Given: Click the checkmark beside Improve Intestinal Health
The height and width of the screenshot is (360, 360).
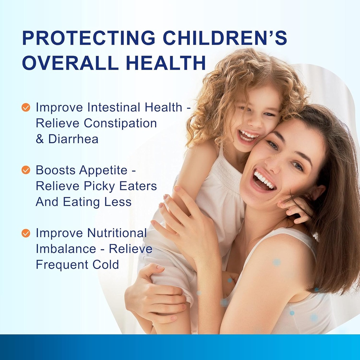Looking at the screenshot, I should pyautogui.click(x=26, y=107).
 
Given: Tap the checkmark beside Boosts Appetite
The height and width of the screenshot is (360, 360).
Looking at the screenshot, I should pyautogui.click(x=26, y=170).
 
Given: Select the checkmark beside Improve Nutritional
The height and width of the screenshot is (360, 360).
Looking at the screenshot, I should pyautogui.click(x=26, y=233).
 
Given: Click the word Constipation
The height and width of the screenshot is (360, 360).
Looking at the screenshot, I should pyautogui.click(x=120, y=123).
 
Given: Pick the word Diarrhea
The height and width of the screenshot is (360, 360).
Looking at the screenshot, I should pyautogui.click(x=73, y=139).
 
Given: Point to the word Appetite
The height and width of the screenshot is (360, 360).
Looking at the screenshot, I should pyautogui.click(x=103, y=170).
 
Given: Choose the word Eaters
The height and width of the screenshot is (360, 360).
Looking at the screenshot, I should pyautogui.click(x=138, y=186).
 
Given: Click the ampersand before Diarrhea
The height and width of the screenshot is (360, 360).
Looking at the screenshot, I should pyautogui.click(x=40, y=139).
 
